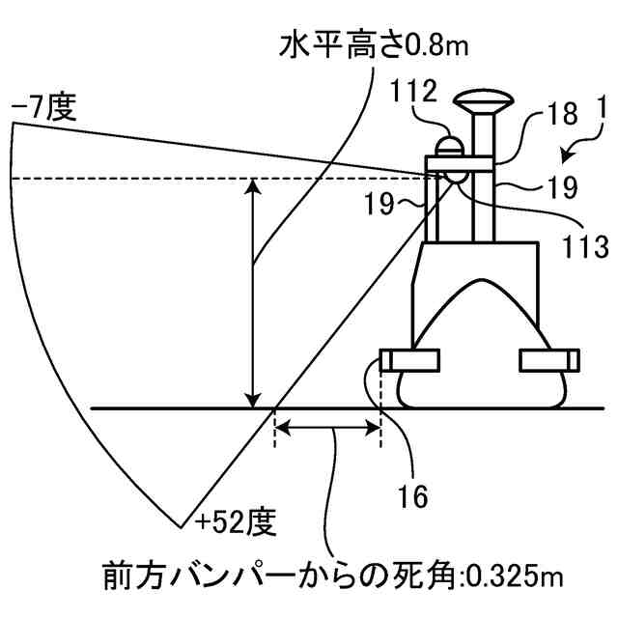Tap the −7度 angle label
(43, 108)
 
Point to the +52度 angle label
(236, 522)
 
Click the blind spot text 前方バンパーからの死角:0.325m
(333, 576)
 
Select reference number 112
(414, 93)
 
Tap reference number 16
(412, 495)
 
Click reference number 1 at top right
(601, 109)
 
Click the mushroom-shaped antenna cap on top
(482, 100)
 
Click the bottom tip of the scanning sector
(182, 526)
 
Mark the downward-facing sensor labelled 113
(454, 180)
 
